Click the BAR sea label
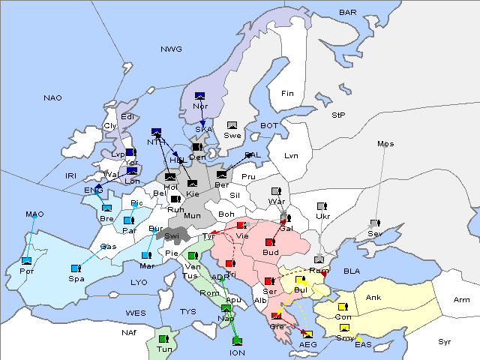point(347,13)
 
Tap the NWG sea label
point(171,49)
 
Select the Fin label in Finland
point(287,93)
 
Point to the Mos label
point(385,143)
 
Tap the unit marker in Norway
point(199,96)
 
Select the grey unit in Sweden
point(232,125)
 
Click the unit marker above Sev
point(374,223)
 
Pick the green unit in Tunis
point(163,339)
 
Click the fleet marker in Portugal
point(27,260)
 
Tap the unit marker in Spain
point(76,268)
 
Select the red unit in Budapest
point(270,242)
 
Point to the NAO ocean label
point(52,97)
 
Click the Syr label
point(445,341)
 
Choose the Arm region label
point(462,300)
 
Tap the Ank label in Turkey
point(373,298)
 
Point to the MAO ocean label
point(34,214)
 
